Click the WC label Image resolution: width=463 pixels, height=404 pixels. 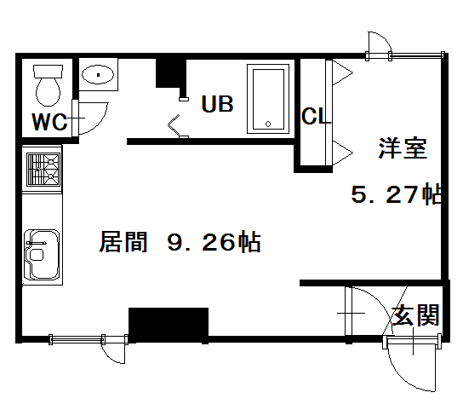[x=49, y=122]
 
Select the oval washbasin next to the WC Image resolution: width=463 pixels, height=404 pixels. [x=98, y=75]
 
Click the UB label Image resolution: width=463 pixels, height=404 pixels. [x=217, y=104]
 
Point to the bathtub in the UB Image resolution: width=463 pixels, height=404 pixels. [x=268, y=99]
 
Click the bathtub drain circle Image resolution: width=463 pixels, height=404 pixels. [x=268, y=124]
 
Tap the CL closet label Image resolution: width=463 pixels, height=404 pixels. [x=316, y=116]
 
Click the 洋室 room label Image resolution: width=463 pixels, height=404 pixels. [x=403, y=148]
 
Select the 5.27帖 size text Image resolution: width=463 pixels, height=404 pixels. [x=397, y=193]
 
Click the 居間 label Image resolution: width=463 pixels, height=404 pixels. [x=123, y=241]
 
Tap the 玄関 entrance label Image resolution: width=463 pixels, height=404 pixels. [x=415, y=315]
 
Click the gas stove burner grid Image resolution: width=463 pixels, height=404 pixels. [x=43, y=169]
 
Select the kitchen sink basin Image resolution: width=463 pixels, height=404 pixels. [x=43, y=254]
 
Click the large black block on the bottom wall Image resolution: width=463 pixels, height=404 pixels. [x=169, y=325]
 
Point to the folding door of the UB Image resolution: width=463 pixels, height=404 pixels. [x=174, y=125]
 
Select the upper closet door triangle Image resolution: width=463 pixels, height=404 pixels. [x=342, y=72]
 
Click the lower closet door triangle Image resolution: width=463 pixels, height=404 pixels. [x=342, y=153]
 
